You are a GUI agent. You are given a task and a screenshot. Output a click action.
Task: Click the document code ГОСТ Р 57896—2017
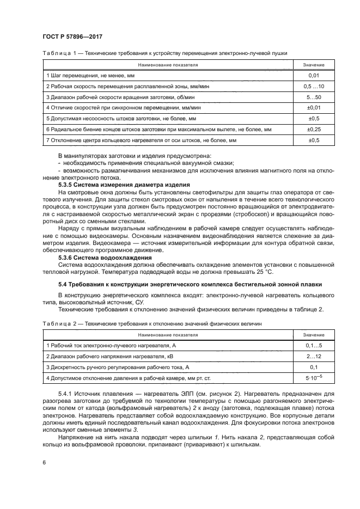[72, 36]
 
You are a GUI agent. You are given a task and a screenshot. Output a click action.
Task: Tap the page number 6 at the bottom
[44, 462]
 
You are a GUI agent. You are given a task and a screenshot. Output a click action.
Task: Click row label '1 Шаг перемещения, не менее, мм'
[90, 76]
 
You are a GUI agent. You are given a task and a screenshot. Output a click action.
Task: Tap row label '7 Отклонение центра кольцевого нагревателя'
[142, 140]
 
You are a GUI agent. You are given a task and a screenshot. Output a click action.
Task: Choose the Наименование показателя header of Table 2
[168, 335]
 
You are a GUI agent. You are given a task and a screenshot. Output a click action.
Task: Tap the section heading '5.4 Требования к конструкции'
[190, 284]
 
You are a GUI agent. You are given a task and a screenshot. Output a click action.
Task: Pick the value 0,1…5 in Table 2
[313, 346]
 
